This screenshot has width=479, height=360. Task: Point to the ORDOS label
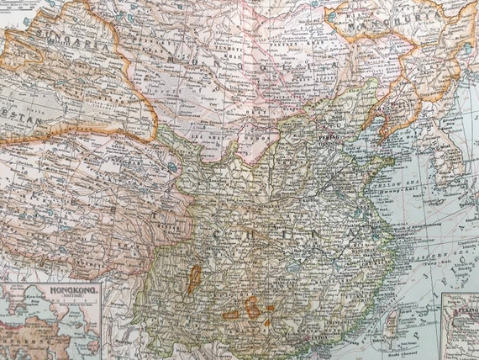click(252, 135)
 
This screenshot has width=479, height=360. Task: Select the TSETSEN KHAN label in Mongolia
click(286, 50)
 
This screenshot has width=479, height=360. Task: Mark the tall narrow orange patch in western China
click(194, 278)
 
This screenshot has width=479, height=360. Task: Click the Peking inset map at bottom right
click(461, 328)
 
